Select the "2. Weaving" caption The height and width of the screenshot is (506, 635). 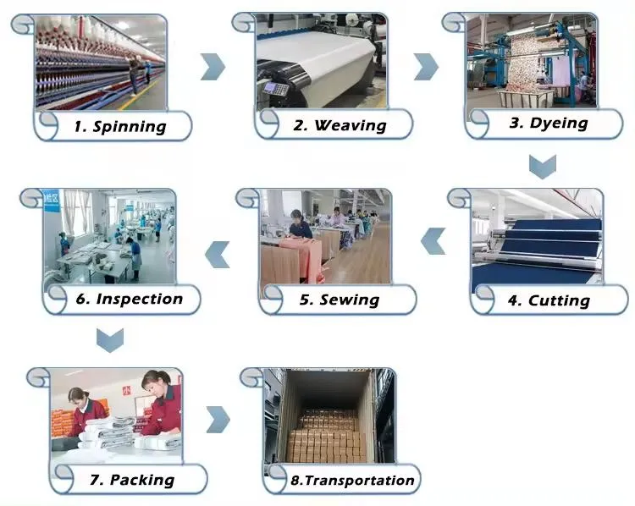click(340, 126)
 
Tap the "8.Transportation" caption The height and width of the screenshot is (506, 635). click(352, 481)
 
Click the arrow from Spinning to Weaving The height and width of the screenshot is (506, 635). click(213, 66)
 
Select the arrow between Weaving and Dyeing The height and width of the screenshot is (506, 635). click(426, 66)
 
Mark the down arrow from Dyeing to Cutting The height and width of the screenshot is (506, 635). click(542, 165)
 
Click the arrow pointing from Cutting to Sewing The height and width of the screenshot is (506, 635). click(433, 241)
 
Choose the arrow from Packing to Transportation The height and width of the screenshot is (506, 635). click(218, 418)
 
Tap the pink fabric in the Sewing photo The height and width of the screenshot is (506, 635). click(300, 254)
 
